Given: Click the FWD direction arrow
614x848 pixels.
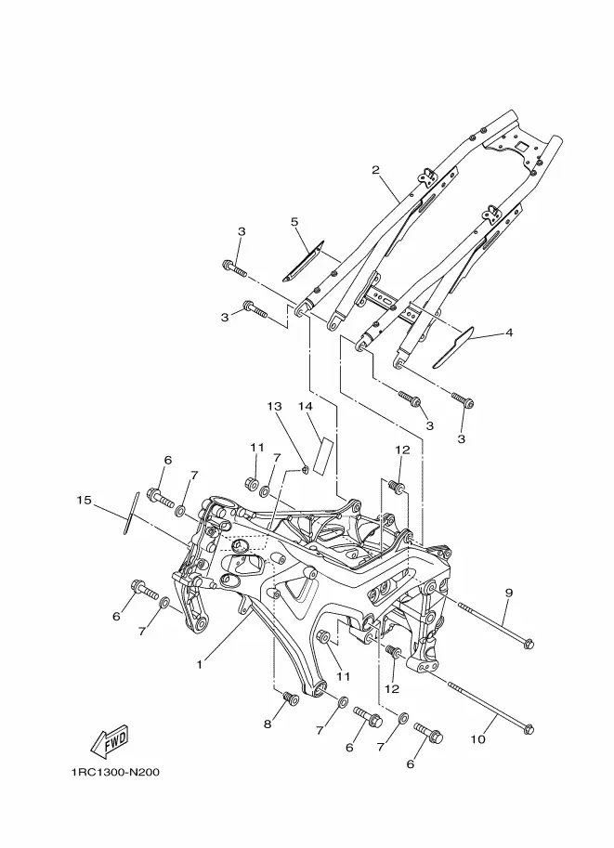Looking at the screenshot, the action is pos(110,741).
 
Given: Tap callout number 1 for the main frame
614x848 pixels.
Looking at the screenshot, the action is pos(200,664).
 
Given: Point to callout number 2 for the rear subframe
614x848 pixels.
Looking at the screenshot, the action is pos(376,170).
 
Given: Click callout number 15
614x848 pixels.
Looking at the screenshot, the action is pos(84,501).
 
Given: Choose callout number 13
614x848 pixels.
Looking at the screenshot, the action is pos(274,406).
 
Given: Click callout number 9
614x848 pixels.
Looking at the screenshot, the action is pos(509,593).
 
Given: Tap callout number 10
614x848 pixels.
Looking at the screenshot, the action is pos(478,738).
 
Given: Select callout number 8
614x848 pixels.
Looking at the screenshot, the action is pos(268,724).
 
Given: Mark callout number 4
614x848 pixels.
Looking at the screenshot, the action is pos(508,333).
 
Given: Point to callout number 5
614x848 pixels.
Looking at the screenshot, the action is pos(294,222).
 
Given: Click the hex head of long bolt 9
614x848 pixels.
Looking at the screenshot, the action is pos(529,644).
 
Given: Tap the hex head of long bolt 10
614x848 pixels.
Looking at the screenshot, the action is pos(529,729).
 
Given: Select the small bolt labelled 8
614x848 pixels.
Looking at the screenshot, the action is pos(291,698).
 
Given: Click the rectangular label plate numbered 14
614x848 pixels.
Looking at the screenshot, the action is pos(324,455).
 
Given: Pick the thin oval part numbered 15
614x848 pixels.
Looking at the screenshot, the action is pos(130,513).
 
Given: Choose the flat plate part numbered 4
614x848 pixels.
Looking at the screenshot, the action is pos(452,347).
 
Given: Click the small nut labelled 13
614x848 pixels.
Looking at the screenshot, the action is pos(305,469).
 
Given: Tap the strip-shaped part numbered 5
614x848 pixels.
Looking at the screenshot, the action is pos(303,261).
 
